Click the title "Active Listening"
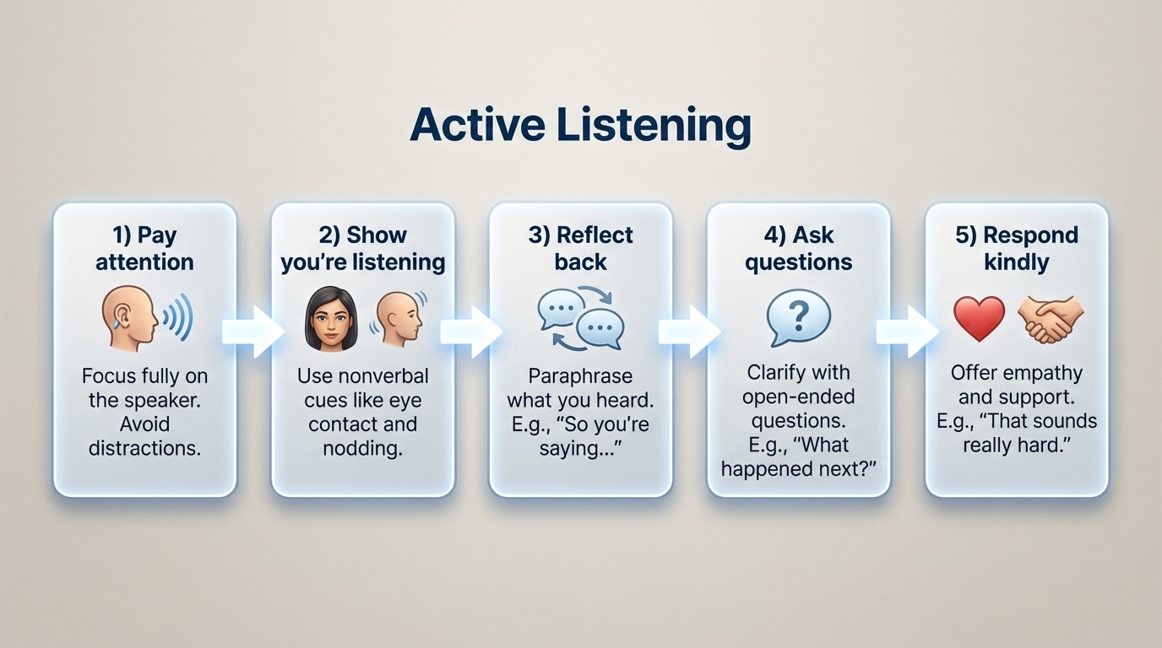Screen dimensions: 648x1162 tap(580, 125)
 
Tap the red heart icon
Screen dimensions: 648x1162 tap(979, 319)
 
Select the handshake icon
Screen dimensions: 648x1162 tap(1051, 319)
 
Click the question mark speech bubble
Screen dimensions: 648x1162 tap(798, 318)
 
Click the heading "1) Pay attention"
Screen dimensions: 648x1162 tap(144, 248)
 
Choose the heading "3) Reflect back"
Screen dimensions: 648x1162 tap(580, 248)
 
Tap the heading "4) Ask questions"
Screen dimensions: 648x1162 tap(798, 248)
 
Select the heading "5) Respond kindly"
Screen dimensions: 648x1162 tap(1017, 248)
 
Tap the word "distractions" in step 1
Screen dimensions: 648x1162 tap(144, 448)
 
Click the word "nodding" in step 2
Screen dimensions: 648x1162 tap(362, 448)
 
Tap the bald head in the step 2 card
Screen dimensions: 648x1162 tap(398, 317)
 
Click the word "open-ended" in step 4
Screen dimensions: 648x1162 tap(798, 396)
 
